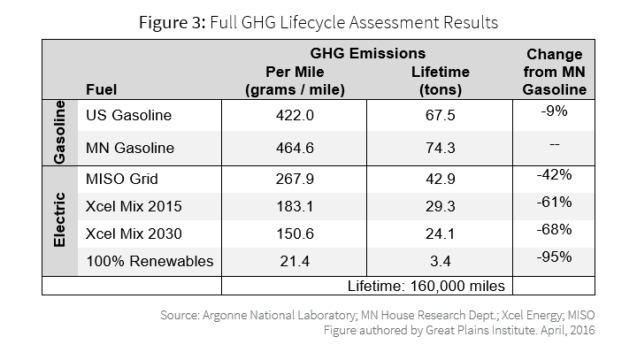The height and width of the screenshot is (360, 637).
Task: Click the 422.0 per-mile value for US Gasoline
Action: (x=295, y=115)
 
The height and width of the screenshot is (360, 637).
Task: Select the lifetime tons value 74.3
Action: (x=441, y=148)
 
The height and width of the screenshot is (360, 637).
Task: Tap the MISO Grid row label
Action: (x=122, y=179)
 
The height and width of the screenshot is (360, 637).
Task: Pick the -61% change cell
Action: (x=554, y=202)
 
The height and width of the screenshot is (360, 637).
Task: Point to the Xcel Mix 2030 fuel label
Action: (x=134, y=234)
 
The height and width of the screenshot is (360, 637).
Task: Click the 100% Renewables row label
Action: (x=150, y=261)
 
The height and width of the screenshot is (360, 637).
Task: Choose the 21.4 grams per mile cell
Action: (x=295, y=261)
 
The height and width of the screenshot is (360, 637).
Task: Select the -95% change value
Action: (x=554, y=257)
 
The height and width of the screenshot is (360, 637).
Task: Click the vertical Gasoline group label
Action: (x=59, y=133)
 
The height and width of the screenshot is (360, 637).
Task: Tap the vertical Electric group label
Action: (x=59, y=220)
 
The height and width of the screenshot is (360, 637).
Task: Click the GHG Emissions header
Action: (x=368, y=53)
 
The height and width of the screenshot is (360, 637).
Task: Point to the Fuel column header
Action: (x=101, y=89)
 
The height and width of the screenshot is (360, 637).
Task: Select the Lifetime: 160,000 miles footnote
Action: (x=426, y=286)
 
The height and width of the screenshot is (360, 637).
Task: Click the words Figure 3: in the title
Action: (x=173, y=22)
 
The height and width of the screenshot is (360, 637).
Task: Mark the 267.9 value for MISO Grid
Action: (x=295, y=179)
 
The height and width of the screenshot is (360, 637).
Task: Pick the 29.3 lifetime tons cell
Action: (x=441, y=206)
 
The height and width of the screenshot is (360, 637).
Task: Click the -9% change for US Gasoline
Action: (x=554, y=111)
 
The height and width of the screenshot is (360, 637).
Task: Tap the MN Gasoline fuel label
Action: (x=130, y=148)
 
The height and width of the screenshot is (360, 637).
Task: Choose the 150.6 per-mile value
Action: (x=295, y=234)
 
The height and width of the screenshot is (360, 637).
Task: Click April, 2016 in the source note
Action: (x=567, y=330)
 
